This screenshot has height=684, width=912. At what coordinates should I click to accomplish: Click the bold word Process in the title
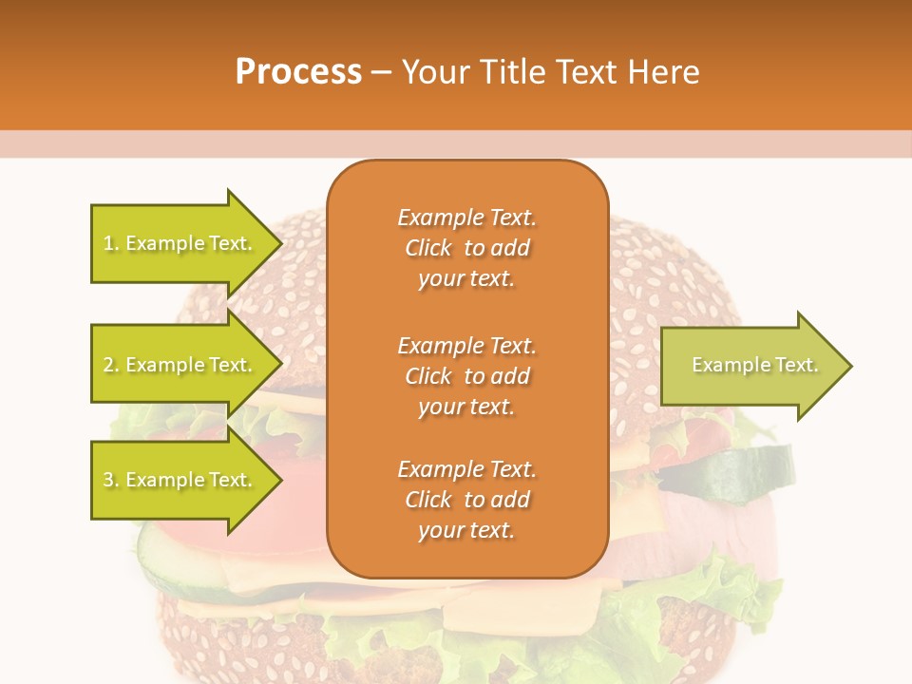tap(298, 72)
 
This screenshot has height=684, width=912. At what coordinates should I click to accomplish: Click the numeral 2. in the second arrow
tap(111, 365)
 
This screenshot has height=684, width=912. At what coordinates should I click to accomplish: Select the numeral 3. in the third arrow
tap(111, 480)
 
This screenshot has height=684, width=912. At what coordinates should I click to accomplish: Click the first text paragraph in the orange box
tap(466, 248)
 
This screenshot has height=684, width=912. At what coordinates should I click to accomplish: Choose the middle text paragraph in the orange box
tap(466, 376)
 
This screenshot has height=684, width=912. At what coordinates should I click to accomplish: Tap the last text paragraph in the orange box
tap(466, 500)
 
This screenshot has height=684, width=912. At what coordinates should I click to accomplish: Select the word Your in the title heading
tap(434, 72)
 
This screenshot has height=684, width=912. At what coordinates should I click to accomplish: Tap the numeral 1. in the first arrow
tap(110, 243)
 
